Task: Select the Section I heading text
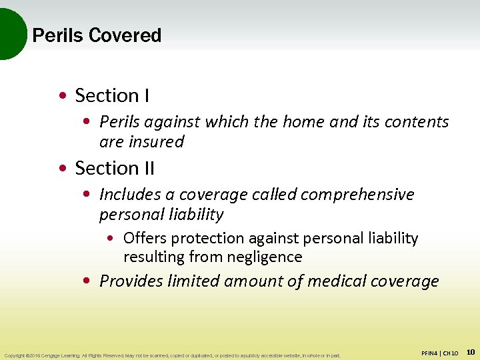click(112, 96)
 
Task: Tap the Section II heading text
click(115, 168)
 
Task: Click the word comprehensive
click(357, 195)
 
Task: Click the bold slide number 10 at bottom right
click(470, 351)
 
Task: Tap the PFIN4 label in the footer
click(431, 353)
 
